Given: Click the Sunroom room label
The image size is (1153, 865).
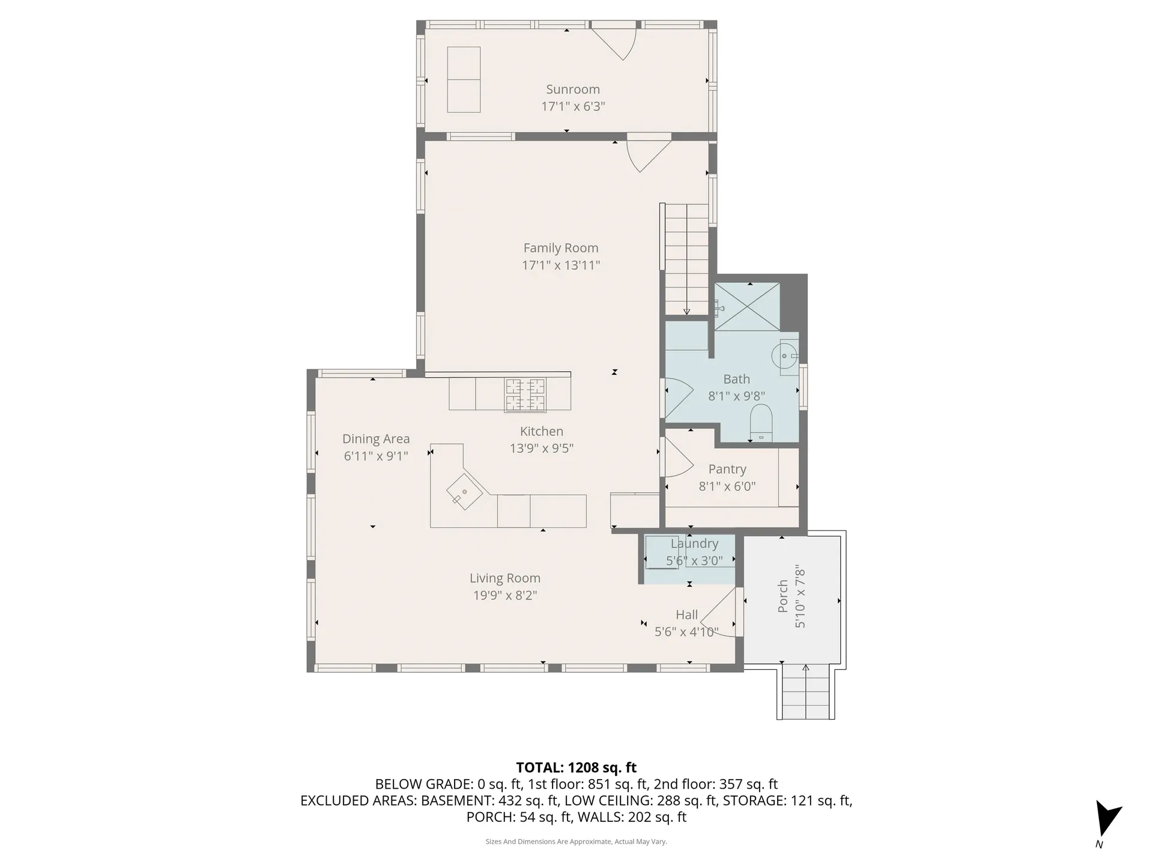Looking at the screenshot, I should (572, 90).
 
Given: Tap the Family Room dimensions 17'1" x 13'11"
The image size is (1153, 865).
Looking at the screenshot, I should (560, 265).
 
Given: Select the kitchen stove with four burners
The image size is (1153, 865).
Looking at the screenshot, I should (525, 394).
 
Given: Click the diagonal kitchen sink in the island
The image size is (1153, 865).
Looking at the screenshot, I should (464, 491).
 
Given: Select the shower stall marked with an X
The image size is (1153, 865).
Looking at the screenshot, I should (746, 306).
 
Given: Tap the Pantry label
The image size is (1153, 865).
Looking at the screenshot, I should (727, 469).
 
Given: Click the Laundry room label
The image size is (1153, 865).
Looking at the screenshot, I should (694, 544).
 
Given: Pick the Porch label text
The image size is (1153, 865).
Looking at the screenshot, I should (782, 596).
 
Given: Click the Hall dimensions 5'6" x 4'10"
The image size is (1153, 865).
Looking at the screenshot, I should (686, 632).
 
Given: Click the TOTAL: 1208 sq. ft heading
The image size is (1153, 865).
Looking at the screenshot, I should (576, 767).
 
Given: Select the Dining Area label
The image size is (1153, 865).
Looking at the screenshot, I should (376, 439).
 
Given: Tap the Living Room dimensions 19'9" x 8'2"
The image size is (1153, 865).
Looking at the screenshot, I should (504, 595).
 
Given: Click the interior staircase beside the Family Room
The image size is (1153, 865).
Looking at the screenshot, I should (686, 258).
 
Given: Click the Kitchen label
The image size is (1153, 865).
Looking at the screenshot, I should (541, 431).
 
